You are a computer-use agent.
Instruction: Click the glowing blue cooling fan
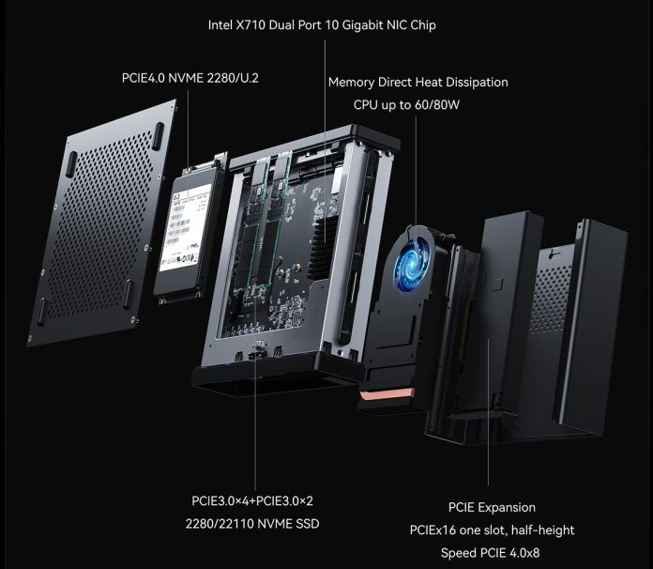click(x=414, y=255)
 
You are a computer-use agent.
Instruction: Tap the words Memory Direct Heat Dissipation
click(x=418, y=82)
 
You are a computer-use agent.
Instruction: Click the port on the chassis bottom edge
click(x=258, y=356)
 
